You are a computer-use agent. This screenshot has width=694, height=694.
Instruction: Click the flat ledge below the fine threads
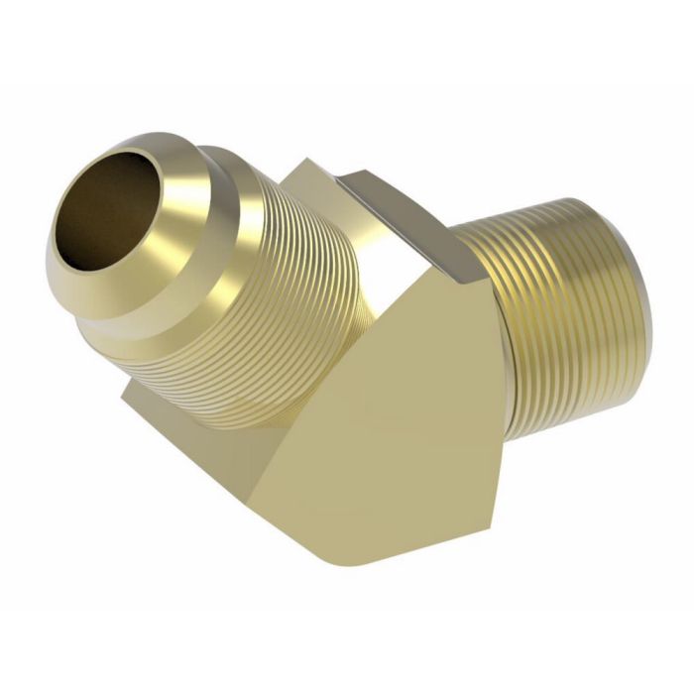point(198,406)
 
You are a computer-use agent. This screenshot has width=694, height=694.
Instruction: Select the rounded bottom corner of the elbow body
point(357,555)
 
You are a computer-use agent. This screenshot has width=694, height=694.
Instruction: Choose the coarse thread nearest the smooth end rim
point(620,317)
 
